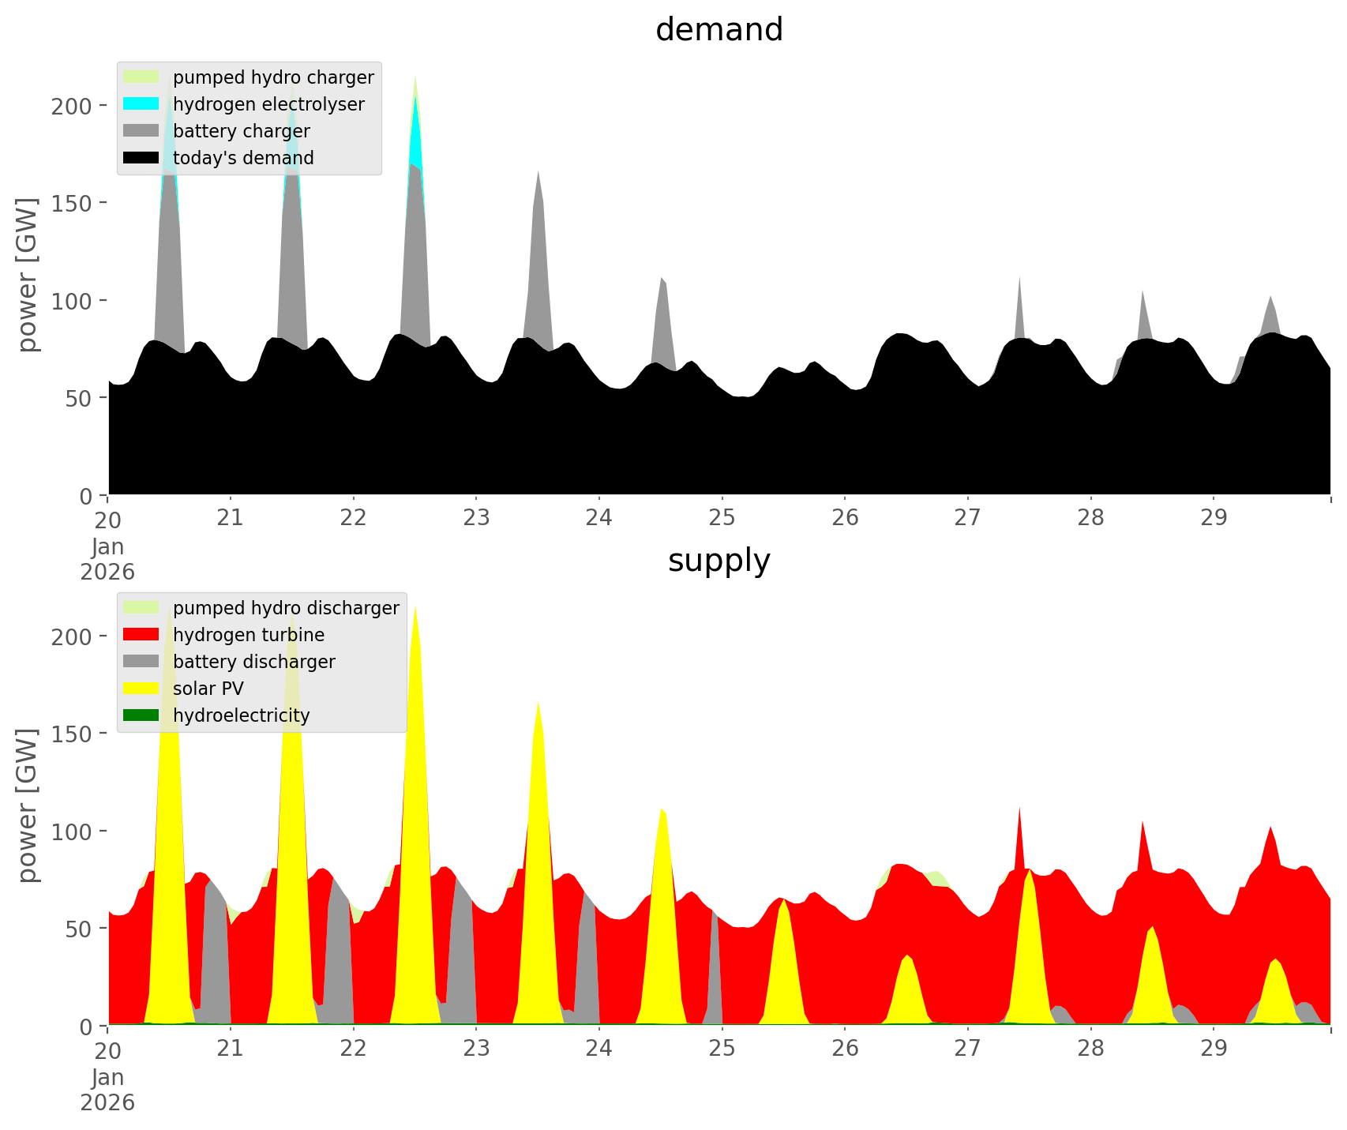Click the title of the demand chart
click(x=719, y=30)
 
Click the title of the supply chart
click(x=719, y=561)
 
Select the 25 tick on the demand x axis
click(x=722, y=518)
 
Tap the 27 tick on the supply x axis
click(x=967, y=1049)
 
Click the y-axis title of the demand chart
click(x=28, y=275)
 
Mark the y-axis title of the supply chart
click(x=28, y=805)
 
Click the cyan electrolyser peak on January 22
click(x=415, y=126)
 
